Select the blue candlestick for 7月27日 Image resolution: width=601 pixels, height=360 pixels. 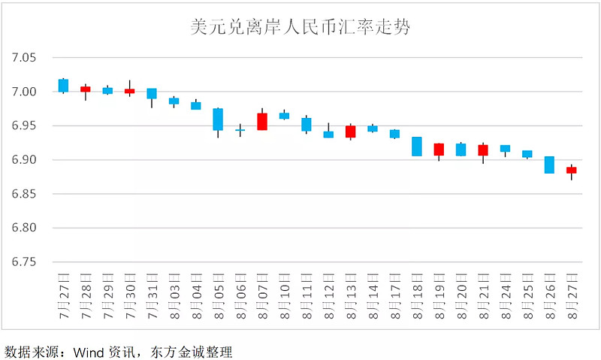click(63, 85)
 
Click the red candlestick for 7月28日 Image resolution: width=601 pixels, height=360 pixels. click(86, 89)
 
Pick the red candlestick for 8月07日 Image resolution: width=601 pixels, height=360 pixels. click(262, 121)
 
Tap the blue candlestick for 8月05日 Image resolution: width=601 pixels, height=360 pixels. click(218, 119)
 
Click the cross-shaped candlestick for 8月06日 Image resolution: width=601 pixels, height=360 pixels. click(240, 130)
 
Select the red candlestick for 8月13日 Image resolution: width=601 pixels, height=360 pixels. click(350, 131)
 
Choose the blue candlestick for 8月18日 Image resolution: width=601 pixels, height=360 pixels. click(417, 146)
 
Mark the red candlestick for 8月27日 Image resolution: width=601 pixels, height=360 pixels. click(572, 170)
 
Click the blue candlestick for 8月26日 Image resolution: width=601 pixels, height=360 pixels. click(549, 165)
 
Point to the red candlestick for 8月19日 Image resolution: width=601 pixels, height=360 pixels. click(439, 149)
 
